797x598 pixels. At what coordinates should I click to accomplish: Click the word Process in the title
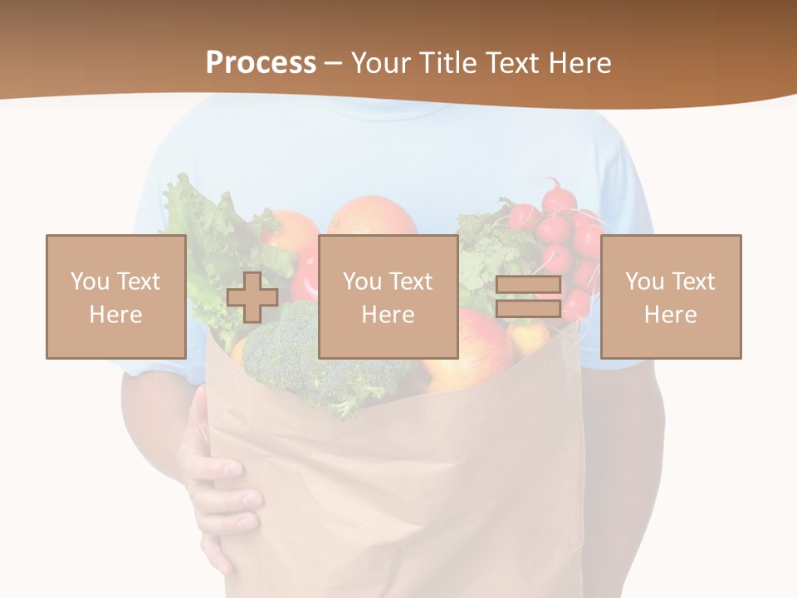pos(261,62)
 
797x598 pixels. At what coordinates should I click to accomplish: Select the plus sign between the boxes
pos(252,297)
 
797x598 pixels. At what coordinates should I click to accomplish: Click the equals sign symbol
pos(528,297)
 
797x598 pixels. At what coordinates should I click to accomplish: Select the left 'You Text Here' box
pos(116,297)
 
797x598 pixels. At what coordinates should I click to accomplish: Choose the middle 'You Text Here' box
pos(389,297)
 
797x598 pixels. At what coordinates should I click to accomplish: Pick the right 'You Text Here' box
pos(671,297)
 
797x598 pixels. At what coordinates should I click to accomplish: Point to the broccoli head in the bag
pos(282,349)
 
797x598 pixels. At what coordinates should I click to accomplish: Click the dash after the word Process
pos(332,63)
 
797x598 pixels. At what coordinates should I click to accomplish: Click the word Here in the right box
pos(671,315)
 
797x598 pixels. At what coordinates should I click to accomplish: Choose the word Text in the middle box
pos(411,281)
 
